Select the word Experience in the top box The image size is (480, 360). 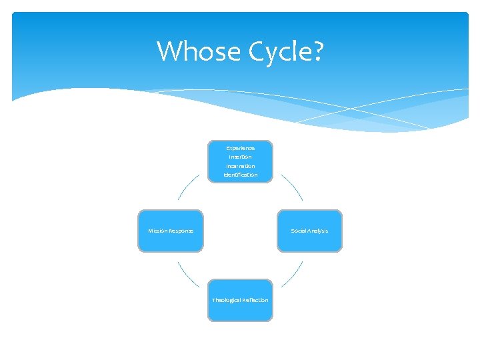click(240, 147)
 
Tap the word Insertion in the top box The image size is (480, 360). click(240, 157)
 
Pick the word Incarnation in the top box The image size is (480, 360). click(240, 166)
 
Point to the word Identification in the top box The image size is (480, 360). click(240, 175)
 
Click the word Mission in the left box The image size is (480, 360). click(158, 231)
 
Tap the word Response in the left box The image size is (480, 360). click(181, 231)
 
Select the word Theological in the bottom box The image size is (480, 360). click(226, 300)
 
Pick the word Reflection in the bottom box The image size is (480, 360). click(255, 300)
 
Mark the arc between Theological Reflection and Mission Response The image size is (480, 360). click(187, 275)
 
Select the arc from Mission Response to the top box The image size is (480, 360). click(187, 186)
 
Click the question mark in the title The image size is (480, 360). click(315, 51)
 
